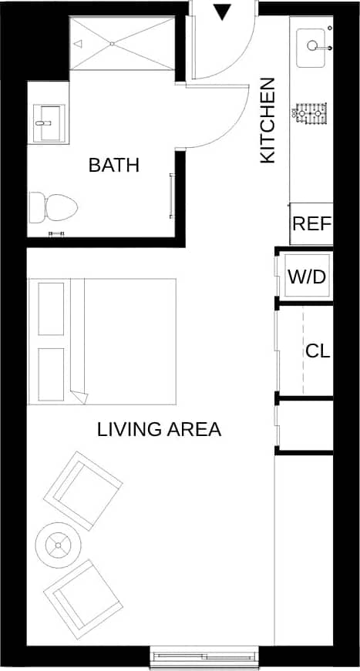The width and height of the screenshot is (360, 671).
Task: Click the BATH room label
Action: (113, 165)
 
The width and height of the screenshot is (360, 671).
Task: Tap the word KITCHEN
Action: (267, 119)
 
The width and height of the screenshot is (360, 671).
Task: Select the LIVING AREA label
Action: (159, 429)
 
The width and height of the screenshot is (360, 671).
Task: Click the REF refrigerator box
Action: (311, 224)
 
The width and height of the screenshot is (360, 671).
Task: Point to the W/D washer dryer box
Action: (307, 277)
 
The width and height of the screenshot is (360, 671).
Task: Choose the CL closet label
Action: (318, 351)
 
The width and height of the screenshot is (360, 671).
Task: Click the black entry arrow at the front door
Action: (222, 12)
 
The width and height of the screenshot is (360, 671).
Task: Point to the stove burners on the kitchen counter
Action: (311, 114)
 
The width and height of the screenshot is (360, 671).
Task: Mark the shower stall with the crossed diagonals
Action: (123, 43)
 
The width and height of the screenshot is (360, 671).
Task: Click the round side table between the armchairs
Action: (59, 545)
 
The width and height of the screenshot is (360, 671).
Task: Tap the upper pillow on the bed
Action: (51, 309)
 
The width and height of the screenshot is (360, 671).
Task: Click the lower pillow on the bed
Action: (51, 373)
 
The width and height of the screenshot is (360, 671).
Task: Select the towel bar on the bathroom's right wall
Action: (171, 196)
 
